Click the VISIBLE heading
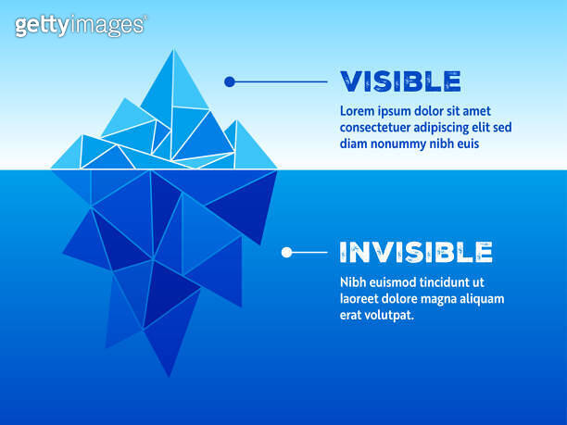400,81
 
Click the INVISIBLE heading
415,252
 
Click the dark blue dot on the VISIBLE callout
230,81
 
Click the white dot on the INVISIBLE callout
286,252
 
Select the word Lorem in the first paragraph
358,111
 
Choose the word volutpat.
389,316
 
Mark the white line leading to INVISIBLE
309,252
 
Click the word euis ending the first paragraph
467,144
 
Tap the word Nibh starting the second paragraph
354,282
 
